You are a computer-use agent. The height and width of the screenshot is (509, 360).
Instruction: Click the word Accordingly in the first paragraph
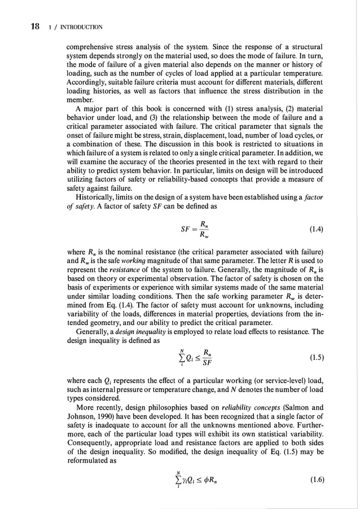87,82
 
